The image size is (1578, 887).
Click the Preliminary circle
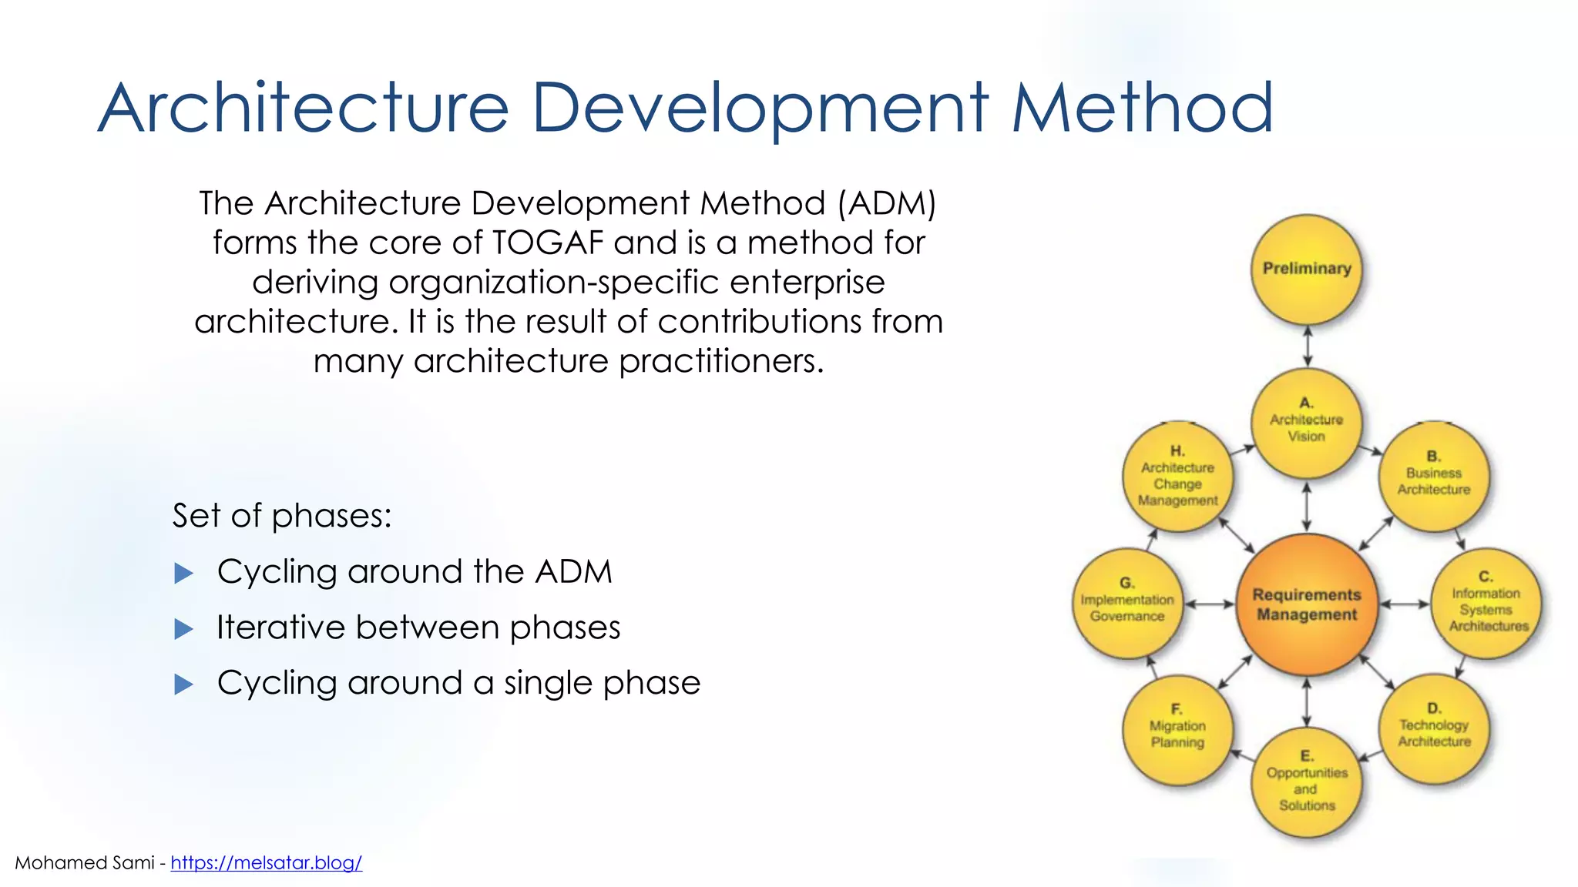tap(1307, 269)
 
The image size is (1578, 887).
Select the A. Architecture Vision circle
tap(1307, 422)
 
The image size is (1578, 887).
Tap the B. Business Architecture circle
tap(1433, 475)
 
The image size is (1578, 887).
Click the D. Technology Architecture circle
tap(1433, 728)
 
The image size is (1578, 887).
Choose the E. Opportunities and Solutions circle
tap(1307, 782)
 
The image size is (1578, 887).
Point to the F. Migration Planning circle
tap(1177, 728)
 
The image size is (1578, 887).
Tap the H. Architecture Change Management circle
tap(1177, 477)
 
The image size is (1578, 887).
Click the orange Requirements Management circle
tap(1307, 604)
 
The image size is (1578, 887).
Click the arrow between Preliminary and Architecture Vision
tap(1307, 346)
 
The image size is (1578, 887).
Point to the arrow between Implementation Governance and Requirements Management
tap(1210, 604)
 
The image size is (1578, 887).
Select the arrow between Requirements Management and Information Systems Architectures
tap(1405, 604)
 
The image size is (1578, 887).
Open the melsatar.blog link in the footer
tap(266, 863)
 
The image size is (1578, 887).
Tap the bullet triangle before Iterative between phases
tap(183, 629)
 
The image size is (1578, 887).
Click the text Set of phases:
tap(282, 515)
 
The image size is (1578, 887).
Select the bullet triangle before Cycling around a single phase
tap(183, 684)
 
